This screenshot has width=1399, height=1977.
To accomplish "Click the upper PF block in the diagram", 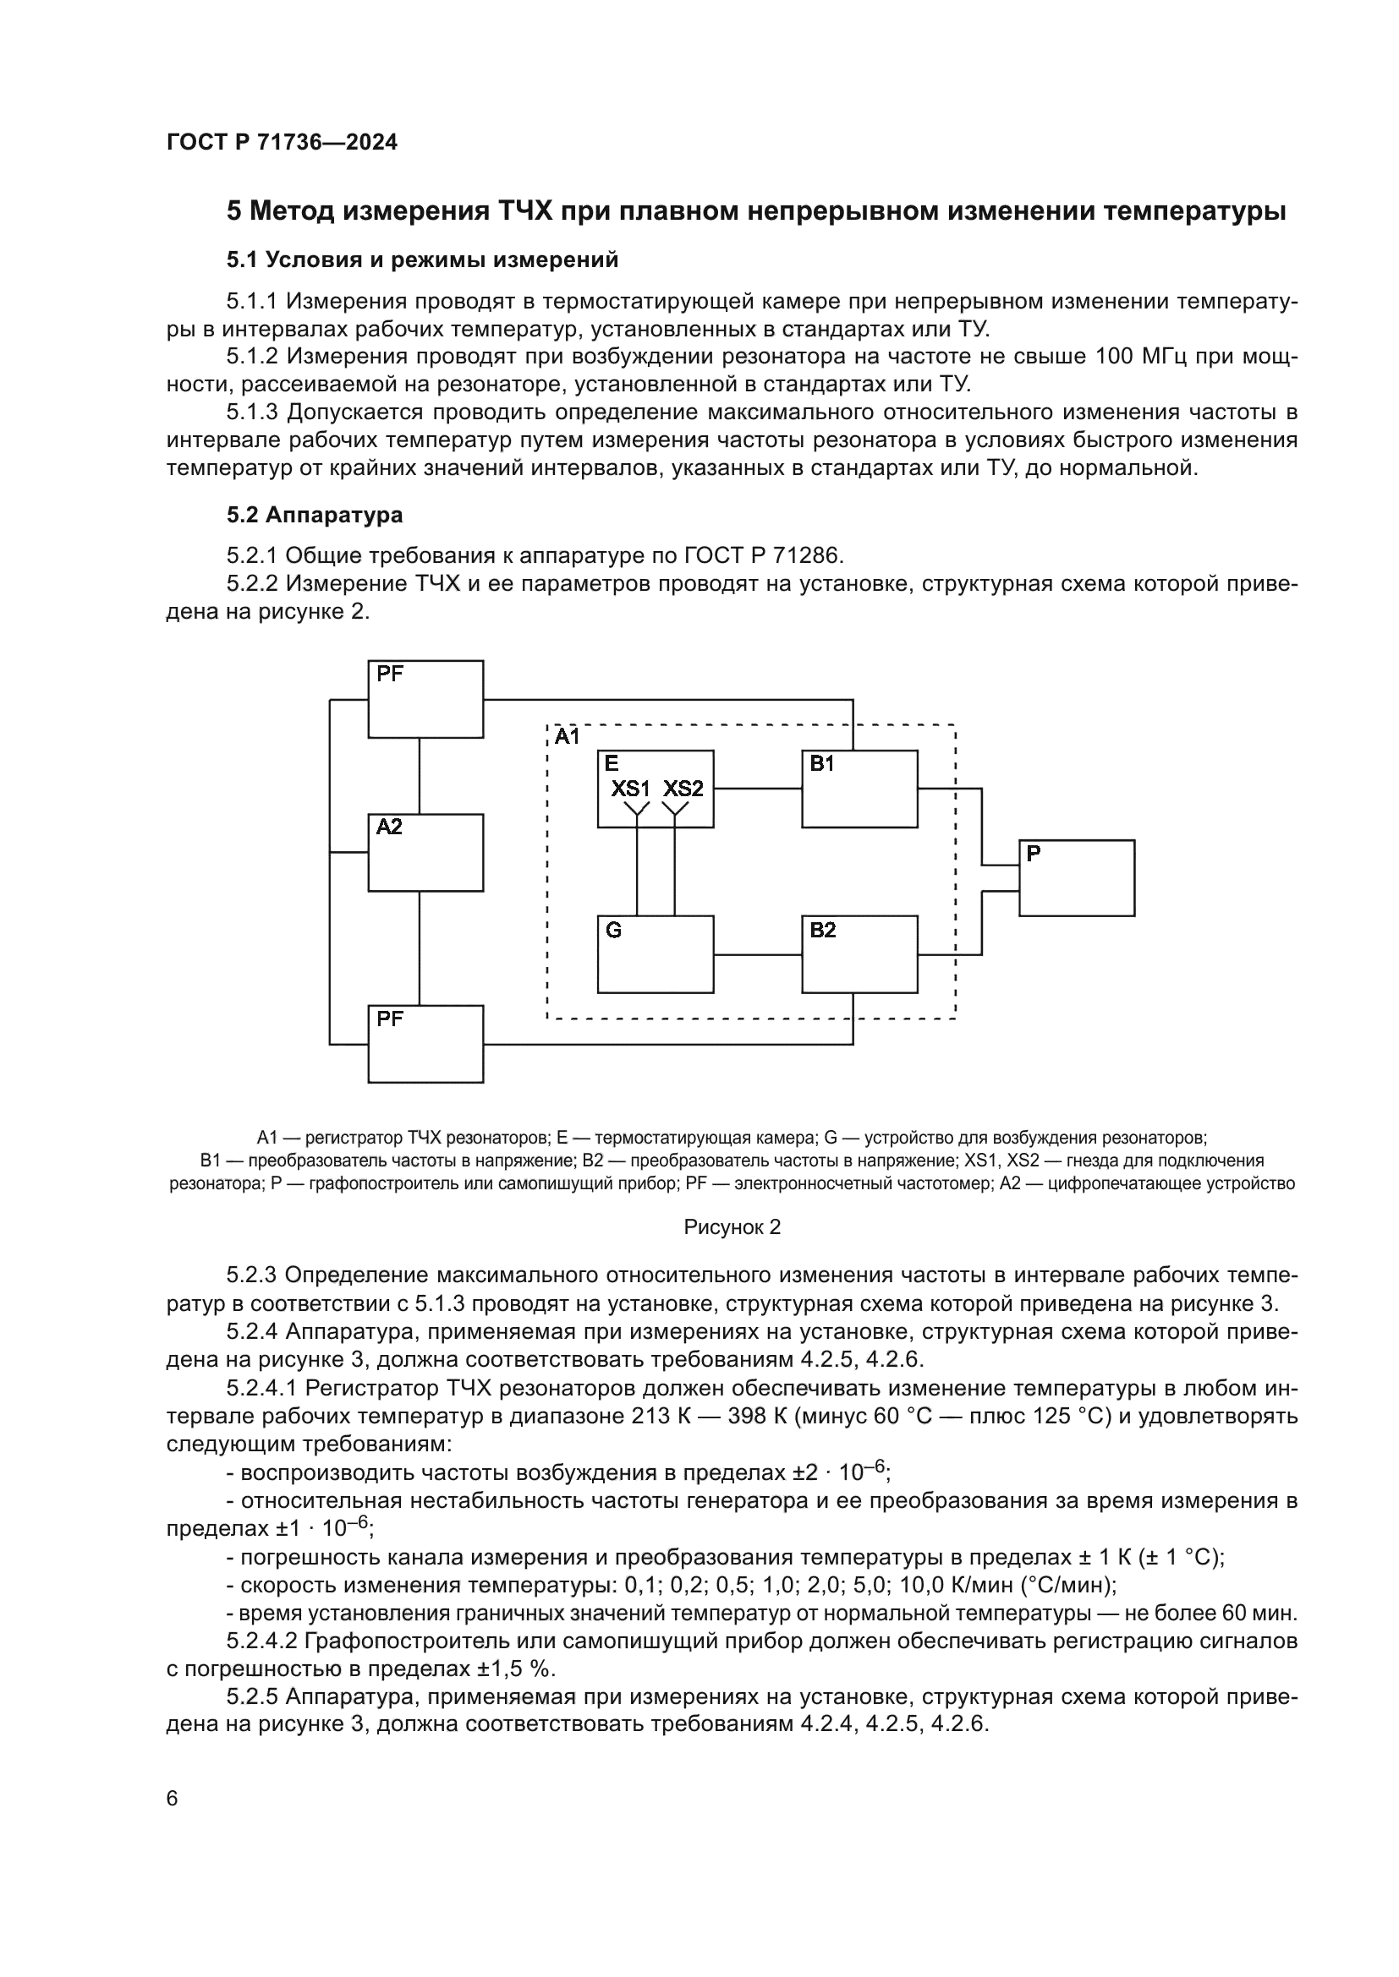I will (425, 699).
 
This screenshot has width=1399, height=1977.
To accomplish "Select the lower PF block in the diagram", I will (425, 1044).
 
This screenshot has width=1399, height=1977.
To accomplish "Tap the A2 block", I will (425, 853).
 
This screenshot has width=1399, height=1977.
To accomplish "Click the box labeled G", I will (656, 954).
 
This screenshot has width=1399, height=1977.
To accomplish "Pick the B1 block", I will (859, 789).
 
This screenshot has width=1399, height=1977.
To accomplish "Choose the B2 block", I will (859, 954).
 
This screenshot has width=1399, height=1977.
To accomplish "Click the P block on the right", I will (1077, 878).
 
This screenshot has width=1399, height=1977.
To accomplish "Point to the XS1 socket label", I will (632, 789).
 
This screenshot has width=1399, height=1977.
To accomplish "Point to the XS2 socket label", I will (683, 789).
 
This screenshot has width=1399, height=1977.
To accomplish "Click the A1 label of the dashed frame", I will (568, 737).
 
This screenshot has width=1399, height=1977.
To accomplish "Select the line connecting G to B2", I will (757, 955).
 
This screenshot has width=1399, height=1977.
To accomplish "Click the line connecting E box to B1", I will (757, 789).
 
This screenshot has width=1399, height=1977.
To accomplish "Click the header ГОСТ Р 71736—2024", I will (282, 143).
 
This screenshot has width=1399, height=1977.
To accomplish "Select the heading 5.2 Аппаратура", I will (315, 516).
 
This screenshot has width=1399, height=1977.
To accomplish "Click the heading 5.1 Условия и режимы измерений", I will (422, 260).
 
